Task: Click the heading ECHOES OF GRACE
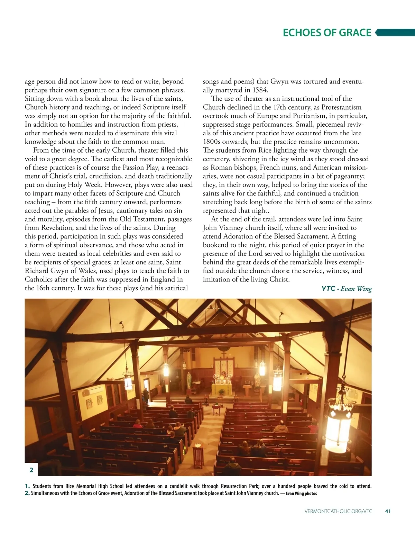327,33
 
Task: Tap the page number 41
388,511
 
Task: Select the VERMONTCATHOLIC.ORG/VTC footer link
338,511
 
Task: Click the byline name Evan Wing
356,289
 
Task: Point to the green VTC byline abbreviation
328,289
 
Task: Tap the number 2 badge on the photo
31,470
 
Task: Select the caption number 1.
27,486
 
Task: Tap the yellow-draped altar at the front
221,388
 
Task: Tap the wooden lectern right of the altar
247,390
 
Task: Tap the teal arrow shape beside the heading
394,33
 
